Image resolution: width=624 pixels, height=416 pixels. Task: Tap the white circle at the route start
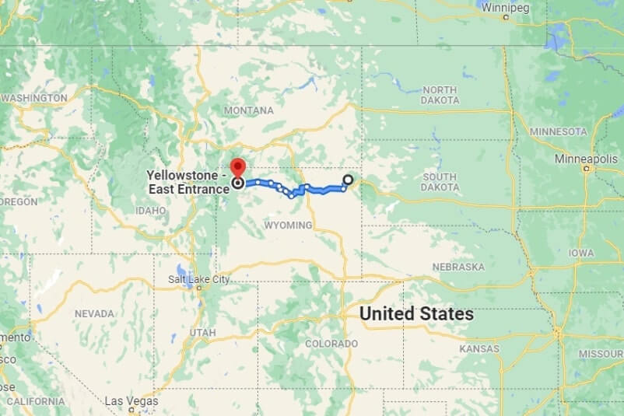[x=348, y=180]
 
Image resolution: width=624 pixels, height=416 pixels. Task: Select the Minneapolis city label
[x=586, y=158]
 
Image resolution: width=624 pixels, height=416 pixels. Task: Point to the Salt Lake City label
[x=199, y=279]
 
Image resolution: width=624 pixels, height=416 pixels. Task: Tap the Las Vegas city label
[x=131, y=401]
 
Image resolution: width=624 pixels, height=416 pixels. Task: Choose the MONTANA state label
[x=249, y=110]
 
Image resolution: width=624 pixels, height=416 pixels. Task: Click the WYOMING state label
[x=289, y=225]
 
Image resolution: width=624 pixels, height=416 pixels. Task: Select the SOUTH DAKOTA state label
[x=440, y=182]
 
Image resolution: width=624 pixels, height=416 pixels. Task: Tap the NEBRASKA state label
[x=458, y=267]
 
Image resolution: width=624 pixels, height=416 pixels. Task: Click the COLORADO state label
[x=331, y=343]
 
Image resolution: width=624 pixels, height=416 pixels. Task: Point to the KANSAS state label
[x=479, y=349]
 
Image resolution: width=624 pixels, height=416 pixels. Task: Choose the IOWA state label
[x=580, y=253]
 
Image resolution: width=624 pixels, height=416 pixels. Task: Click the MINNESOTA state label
[x=558, y=131]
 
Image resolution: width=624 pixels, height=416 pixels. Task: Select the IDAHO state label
[x=150, y=210]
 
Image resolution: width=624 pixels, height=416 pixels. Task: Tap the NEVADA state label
[x=94, y=313]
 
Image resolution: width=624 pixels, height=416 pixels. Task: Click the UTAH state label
[x=202, y=333]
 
